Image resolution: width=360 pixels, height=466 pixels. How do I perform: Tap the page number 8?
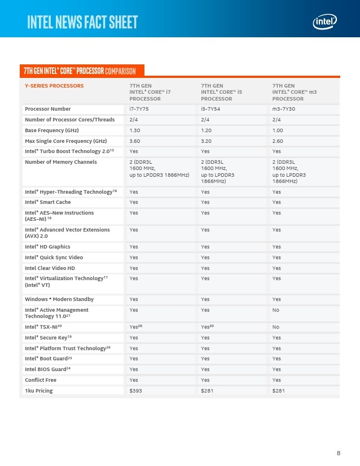click(x=339, y=453)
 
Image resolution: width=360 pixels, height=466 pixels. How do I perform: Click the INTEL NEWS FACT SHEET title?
click(x=82, y=22)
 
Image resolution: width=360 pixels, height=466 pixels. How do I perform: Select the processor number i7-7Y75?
click(x=139, y=108)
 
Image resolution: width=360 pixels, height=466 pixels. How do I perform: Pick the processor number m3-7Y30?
click(x=283, y=108)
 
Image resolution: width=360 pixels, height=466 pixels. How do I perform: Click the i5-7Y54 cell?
click(x=210, y=108)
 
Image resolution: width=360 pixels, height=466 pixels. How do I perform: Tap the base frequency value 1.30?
click(x=135, y=130)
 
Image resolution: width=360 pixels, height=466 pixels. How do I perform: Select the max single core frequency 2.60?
click(x=278, y=141)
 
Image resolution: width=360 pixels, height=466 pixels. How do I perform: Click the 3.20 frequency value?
click(x=207, y=141)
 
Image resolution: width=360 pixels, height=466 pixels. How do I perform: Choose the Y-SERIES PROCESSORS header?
click(x=54, y=86)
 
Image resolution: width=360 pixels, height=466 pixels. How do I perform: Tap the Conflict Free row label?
click(x=41, y=380)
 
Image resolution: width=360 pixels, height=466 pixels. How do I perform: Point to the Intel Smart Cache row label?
click(x=47, y=202)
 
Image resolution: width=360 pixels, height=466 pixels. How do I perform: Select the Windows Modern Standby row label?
click(x=59, y=299)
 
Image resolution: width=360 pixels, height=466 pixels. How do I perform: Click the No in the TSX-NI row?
click(x=275, y=326)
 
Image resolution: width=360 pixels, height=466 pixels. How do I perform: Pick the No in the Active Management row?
click(x=275, y=310)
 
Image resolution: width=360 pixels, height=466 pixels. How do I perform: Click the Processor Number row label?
click(x=48, y=108)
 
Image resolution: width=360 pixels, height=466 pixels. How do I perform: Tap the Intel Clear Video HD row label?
click(x=50, y=268)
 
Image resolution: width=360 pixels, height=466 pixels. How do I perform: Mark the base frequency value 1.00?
click(x=278, y=130)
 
